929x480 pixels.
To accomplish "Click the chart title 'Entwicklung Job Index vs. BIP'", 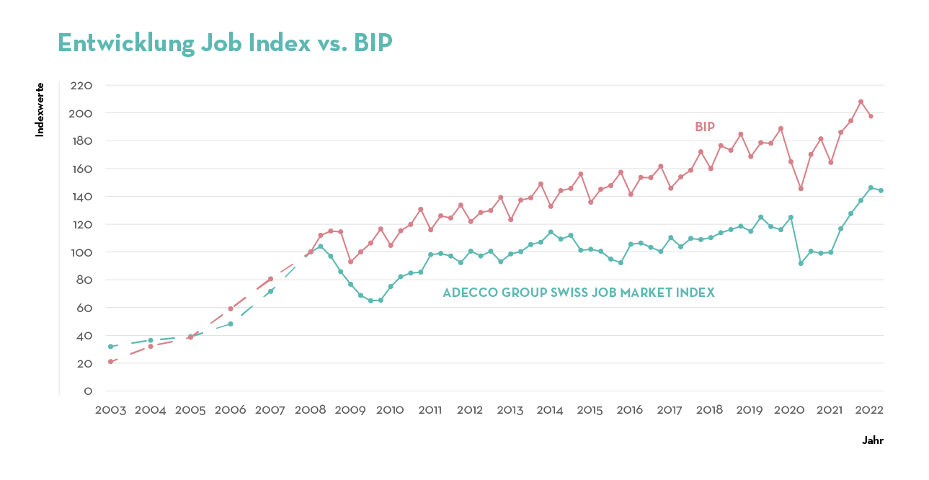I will click(224, 43).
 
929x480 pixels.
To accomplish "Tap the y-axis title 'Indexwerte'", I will click(40, 110).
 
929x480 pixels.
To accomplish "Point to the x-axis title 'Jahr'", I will click(873, 440).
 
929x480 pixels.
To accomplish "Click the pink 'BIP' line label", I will click(704, 127).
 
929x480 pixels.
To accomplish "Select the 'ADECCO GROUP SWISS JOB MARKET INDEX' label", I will click(578, 293).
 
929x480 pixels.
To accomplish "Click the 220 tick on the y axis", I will click(82, 85).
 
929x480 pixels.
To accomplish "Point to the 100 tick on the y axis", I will click(82, 252).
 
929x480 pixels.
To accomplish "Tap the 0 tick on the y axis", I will click(88, 391).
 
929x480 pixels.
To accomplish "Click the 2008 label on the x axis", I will click(310, 410).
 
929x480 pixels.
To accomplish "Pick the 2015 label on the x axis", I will click(590, 410).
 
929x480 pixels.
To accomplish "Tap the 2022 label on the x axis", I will click(869, 410).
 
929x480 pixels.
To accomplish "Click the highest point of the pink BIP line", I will click(861, 102).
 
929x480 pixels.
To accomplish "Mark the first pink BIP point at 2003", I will click(110, 361).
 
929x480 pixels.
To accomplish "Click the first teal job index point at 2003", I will click(110, 346).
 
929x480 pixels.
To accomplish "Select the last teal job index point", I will click(881, 190).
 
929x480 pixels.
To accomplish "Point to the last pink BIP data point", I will click(871, 116).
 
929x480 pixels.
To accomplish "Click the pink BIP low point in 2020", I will click(801, 188).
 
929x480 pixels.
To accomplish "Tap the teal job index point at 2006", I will click(231, 324).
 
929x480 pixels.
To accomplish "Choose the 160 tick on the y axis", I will click(82, 169).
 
